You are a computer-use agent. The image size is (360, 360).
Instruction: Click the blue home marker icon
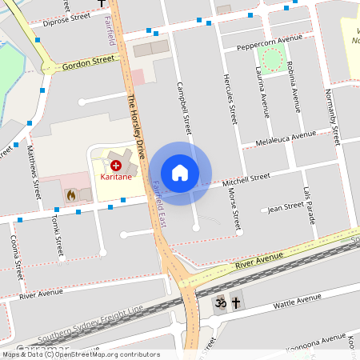pyautogui.click(x=180, y=173)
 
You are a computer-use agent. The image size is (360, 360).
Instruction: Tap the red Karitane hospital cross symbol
pyautogui.click(x=116, y=164)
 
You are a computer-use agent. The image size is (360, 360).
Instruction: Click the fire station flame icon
pyautogui.click(x=70, y=194)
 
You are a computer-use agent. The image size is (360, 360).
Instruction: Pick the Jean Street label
pyautogui.click(x=286, y=206)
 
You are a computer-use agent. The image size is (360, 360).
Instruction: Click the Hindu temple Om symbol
pyautogui.click(x=219, y=303)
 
